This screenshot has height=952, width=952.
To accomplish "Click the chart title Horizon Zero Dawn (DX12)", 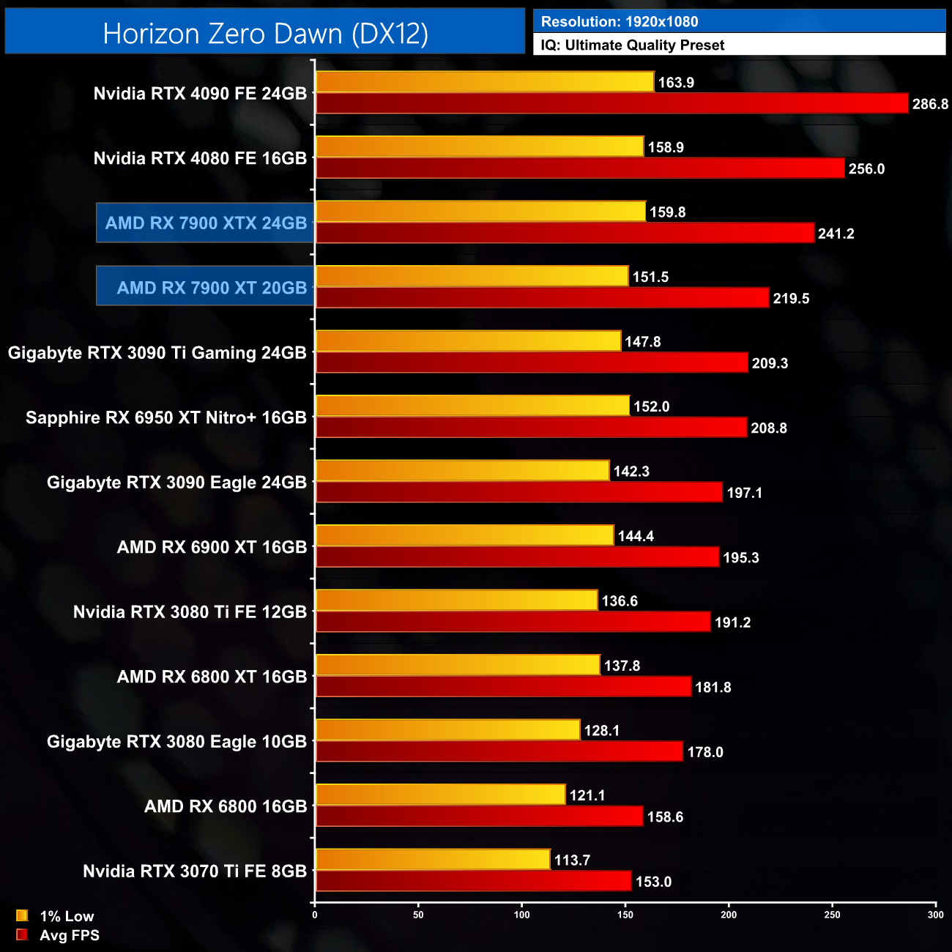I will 265,34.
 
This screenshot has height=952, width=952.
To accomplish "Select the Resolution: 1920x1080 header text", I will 620,22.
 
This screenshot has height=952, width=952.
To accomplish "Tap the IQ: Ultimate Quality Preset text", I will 633,45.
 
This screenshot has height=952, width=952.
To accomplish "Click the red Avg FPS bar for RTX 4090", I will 611,104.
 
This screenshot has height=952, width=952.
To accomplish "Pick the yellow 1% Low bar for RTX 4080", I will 480,147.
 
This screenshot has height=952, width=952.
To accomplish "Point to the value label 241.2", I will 836,234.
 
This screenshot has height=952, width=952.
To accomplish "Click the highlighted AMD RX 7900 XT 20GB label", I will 212,288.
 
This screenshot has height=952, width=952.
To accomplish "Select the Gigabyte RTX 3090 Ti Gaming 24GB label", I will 157,353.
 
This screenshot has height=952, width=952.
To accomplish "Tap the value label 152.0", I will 652,407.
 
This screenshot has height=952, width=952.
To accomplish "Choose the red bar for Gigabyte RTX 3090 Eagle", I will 519,493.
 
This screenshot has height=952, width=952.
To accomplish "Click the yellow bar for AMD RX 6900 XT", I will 464,536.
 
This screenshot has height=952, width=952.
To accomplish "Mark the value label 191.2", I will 733,622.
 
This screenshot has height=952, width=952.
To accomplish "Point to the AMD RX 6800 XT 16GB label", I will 212,677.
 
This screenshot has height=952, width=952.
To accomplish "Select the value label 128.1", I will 602,731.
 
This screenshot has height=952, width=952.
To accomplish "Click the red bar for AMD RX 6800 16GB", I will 480,817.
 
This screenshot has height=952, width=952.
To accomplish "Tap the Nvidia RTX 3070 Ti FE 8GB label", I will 195,871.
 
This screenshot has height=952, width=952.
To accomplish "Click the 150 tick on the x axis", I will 625,915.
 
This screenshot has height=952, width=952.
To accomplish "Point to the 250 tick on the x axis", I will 833,915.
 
